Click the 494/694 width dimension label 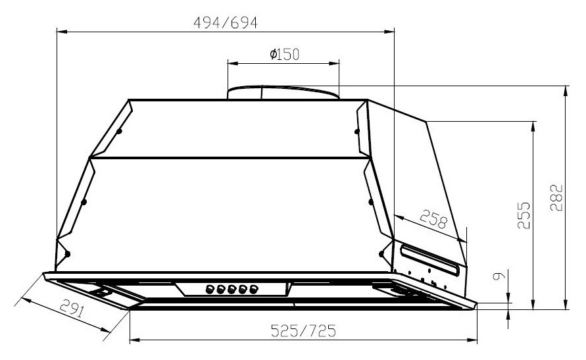click(x=225, y=22)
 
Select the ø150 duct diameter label click(x=284, y=55)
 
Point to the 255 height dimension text click(x=524, y=215)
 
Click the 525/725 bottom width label click(x=303, y=331)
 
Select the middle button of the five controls click(x=231, y=288)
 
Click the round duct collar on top click(x=283, y=92)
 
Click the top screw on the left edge click(x=119, y=132)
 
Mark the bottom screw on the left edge click(x=68, y=253)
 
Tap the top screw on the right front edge click(x=357, y=132)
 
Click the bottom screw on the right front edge click(x=381, y=253)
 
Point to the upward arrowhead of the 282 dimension click(x=565, y=91)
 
